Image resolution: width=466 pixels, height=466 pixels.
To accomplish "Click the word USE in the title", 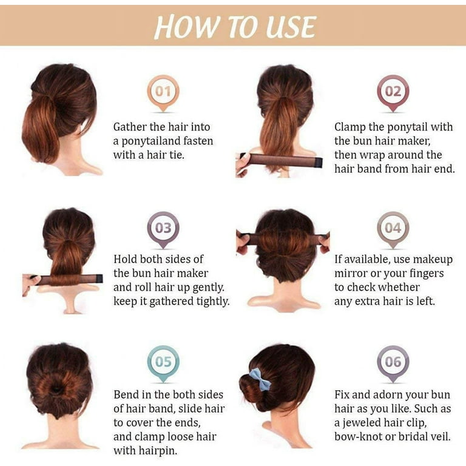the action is (x=291, y=27).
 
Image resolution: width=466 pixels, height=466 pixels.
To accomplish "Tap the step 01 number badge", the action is (x=163, y=93).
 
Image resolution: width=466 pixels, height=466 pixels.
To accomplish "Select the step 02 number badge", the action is (x=393, y=93).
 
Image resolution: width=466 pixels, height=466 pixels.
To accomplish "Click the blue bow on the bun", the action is (x=260, y=379).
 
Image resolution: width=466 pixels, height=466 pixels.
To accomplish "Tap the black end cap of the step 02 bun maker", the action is (x=319, y=162).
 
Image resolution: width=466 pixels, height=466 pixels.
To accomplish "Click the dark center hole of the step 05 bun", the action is (x=56, y=388).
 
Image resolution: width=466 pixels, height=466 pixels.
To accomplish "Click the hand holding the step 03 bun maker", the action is (x=30, y=285).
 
